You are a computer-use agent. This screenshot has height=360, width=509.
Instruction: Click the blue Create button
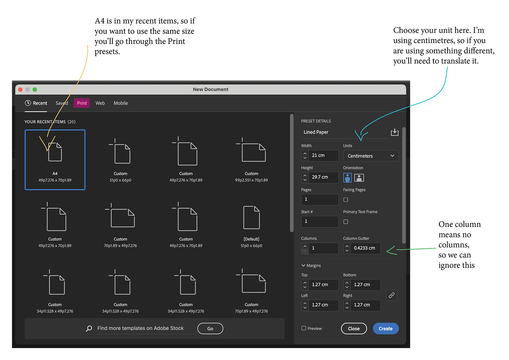385,328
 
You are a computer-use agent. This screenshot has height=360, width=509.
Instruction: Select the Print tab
81,103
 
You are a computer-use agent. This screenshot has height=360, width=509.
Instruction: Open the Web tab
100,103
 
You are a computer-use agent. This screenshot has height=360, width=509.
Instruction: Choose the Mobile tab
121,103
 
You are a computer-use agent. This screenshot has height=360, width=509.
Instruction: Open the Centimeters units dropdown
370,156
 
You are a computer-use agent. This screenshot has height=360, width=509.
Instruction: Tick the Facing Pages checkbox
346,200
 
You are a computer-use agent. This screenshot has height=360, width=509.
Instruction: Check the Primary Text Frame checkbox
346,221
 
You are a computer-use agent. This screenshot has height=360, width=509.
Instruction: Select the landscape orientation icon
359,177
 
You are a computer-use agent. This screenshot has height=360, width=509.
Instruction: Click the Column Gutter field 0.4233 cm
362,248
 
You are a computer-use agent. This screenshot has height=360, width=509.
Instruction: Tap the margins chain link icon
392,295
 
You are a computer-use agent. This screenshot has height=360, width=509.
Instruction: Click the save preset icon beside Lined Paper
394,132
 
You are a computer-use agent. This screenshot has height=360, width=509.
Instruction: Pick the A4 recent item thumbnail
55,160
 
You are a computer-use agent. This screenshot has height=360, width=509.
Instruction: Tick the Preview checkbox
304,328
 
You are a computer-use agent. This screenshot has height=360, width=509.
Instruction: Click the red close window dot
20,89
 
